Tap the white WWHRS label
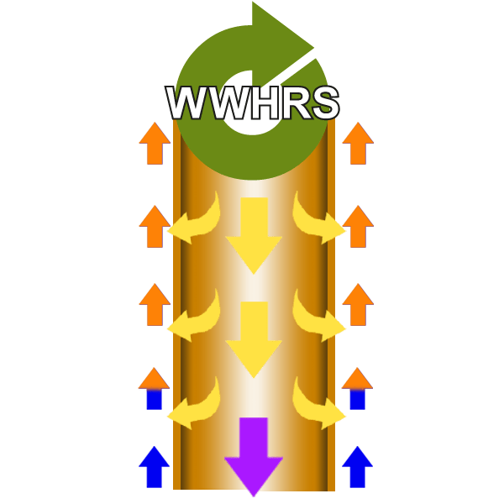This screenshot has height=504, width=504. tap(252, 104)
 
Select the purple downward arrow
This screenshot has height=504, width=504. tap(254, 454)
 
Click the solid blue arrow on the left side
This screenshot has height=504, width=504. tap(154, 467)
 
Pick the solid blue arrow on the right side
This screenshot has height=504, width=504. tap(357, 467)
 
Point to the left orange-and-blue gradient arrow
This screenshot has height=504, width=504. tap(154, 388)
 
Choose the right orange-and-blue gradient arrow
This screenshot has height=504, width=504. tap(357, 388)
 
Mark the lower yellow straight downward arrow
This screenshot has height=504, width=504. tap(254, 339)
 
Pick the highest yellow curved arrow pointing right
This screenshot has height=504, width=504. tap(318, 221)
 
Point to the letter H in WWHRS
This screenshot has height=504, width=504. tap(257, 104)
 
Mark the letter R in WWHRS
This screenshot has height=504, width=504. tap(291, 104)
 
